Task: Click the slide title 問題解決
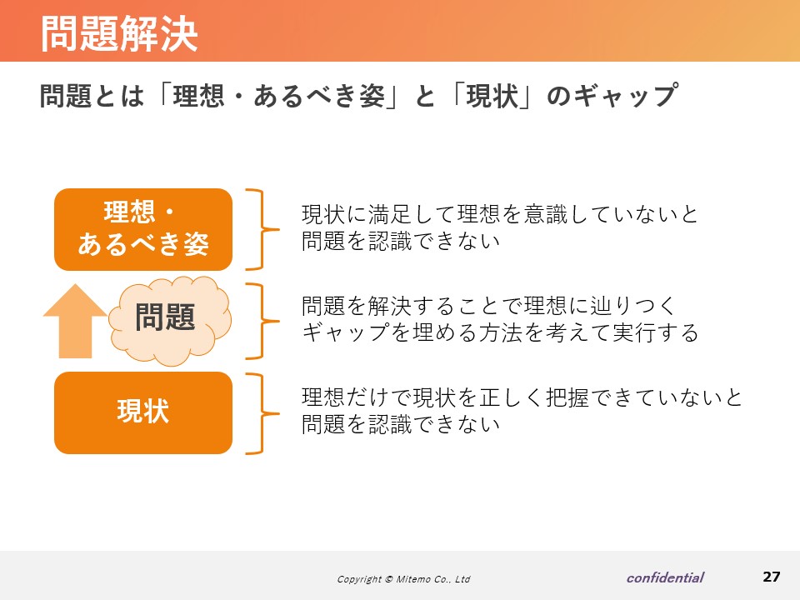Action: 119,33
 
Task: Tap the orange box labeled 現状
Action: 143,412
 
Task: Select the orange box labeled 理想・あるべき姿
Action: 143,230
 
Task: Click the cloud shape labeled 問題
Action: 170,320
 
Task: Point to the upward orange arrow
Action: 76,322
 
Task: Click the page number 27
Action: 771,577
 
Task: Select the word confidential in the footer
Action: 665,577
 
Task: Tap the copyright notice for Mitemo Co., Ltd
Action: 403,579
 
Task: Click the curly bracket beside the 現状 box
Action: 262,414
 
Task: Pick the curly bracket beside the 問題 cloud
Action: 262,322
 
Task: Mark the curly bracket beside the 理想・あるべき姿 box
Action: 262,230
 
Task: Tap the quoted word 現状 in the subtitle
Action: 492,95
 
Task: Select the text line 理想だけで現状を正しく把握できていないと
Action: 522,397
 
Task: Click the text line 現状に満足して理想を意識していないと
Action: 499,214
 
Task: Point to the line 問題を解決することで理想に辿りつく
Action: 488,306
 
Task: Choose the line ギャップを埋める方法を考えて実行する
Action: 500,332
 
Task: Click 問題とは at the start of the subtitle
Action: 92,95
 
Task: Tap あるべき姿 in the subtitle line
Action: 319,95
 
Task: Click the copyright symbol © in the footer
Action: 389,579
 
